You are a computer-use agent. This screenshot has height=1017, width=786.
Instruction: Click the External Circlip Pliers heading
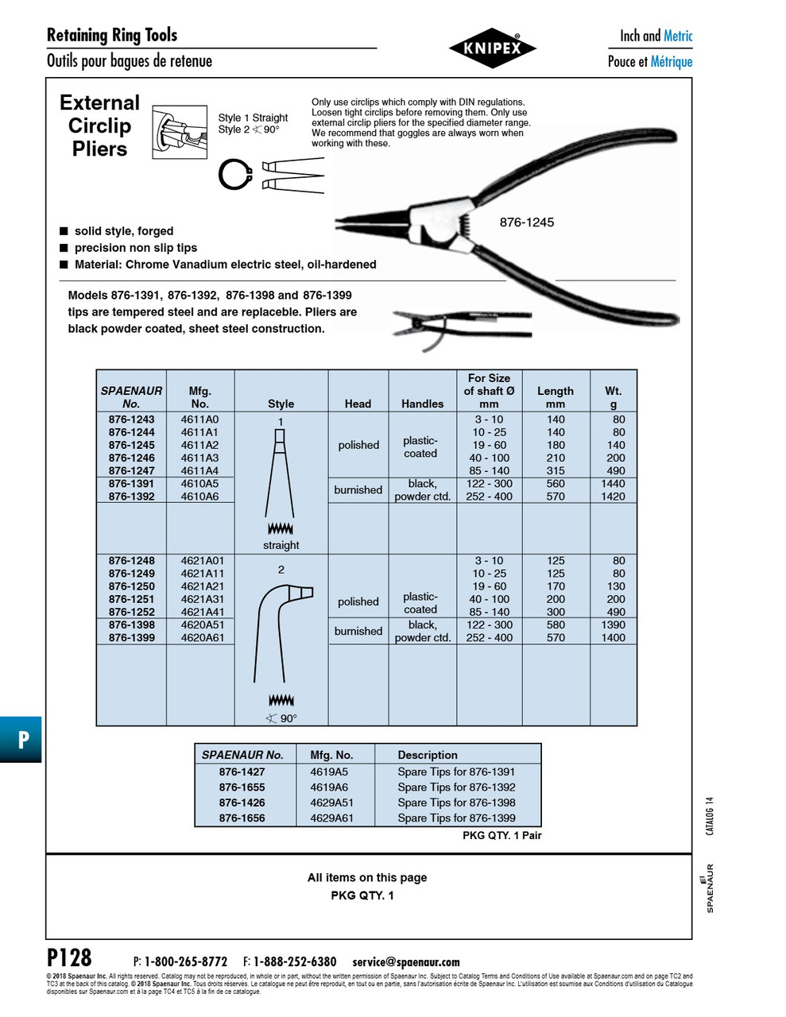99,126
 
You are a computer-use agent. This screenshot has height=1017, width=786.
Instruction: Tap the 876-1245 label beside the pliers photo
526,222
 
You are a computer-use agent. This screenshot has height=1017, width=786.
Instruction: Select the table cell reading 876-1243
132,420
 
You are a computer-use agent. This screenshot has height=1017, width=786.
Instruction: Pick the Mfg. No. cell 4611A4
199,470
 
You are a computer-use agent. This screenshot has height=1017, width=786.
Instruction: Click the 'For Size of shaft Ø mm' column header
489,391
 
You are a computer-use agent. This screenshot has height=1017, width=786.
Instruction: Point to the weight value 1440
613,483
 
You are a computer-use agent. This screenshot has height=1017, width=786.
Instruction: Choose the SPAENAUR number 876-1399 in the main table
132,637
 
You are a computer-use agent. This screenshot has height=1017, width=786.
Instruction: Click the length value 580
556,625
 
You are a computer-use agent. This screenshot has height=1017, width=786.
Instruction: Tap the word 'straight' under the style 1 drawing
281,545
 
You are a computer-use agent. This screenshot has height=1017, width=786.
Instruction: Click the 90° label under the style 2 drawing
281,718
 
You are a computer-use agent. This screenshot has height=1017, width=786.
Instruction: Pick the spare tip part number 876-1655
242,787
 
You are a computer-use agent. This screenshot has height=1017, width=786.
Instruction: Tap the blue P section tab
21,740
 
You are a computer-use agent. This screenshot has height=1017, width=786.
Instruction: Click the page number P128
69,957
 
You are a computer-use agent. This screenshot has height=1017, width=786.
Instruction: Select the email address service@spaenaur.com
405,961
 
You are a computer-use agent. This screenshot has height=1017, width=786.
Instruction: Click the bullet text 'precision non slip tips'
135,248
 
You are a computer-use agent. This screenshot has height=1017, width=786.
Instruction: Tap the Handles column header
422,404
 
